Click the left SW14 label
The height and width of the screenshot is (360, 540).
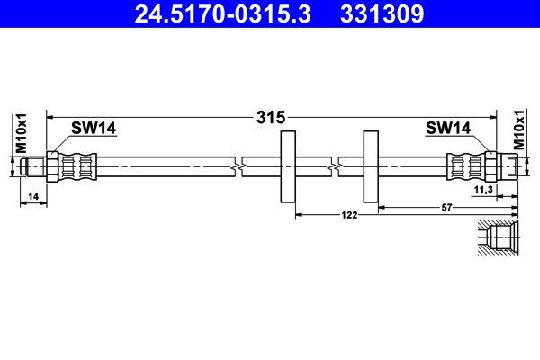pyautogui.click(x=94, y=129)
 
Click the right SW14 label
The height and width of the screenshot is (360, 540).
pyautogui.click(x=448, y=129)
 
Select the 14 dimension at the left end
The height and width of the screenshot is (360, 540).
pyautogui.click(x=32, y=195)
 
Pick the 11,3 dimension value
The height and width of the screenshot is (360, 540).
pyautogui.click(x=482, y=192)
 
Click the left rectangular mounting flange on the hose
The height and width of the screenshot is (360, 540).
pyautogui.click(x=288, y=167)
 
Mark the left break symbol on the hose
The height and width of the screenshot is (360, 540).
pyautogui.click(x=238, y=167)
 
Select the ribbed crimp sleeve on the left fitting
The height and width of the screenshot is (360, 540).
pyautogui.click(x=77, y=167)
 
